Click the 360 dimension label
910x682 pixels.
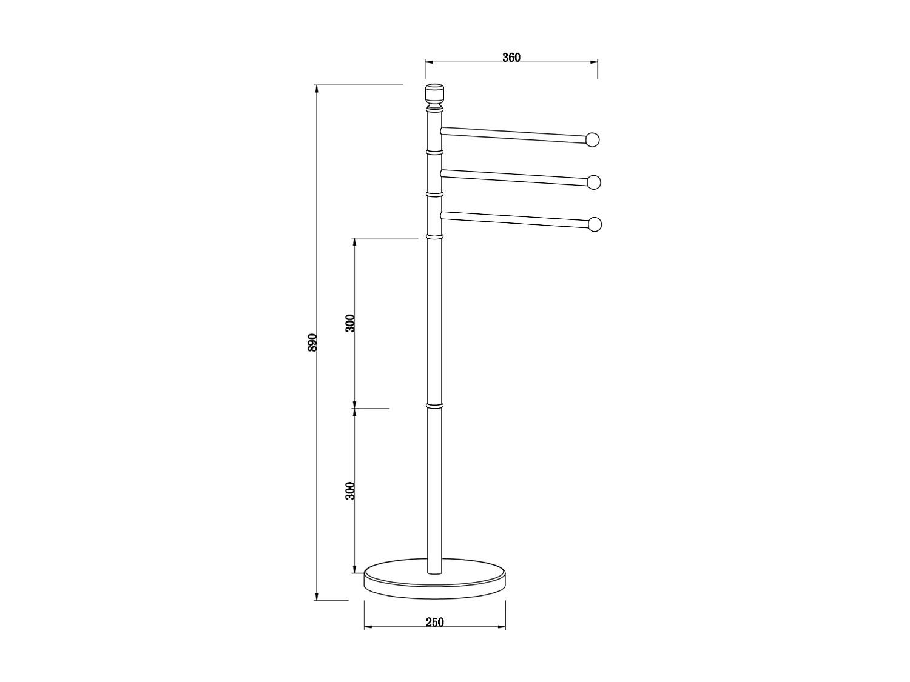tap(511, 58)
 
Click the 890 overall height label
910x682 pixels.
tap(312, 343)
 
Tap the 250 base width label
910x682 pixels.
tap(434, 622)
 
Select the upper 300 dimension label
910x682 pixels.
tap(350, 324)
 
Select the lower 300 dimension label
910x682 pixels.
tap(350, 490)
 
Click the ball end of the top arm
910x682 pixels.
tap(593, 140)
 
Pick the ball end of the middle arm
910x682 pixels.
tap(593, 182)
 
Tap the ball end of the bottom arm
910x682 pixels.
tap(595, 224)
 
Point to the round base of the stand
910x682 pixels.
tap(434, 579)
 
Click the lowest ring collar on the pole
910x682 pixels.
tap(434, 405)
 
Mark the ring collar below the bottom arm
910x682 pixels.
tap(434, 236)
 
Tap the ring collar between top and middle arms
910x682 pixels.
tap(434, 151)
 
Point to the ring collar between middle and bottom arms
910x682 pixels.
tap(434, 194)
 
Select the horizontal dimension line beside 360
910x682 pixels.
tap(467, 62)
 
